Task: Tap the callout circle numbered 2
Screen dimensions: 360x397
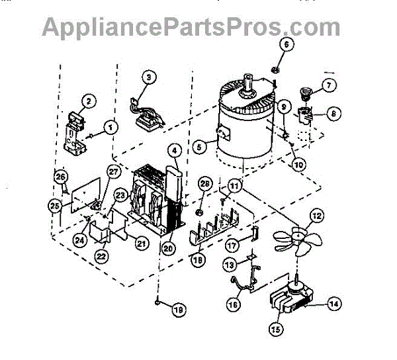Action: pyautogui.click(x=86, y=102)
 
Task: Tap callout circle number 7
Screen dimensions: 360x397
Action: pyautogui.click(x=329, y=85)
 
